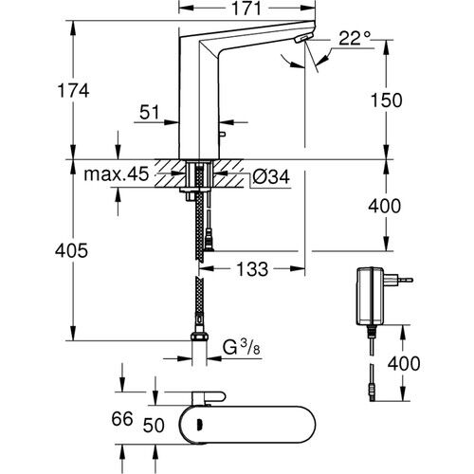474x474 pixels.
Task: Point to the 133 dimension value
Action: click(249, 270)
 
